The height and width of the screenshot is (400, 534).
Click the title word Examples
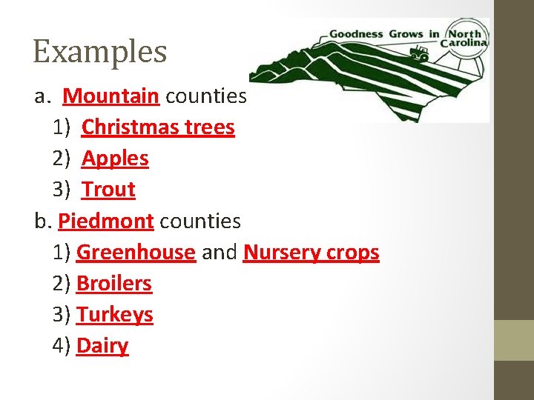point(100,52)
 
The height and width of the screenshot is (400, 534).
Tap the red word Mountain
point(111,96)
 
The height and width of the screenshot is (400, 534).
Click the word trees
point(210,127)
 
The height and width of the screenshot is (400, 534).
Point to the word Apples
point(115,159)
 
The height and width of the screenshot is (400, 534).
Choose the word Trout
point(108,190)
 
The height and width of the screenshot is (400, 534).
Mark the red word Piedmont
point(106,221)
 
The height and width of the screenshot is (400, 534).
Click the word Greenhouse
point(136,253)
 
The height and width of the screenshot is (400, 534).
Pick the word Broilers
point(114,284)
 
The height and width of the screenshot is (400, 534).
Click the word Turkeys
point(115,315)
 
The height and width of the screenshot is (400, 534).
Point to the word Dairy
point(102,346)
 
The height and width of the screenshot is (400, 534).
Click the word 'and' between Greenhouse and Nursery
point(220,253)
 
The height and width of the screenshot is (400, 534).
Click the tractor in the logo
point(421,54)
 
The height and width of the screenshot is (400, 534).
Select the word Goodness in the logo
point(355,34)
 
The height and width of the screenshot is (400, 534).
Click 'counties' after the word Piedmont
point(200,221)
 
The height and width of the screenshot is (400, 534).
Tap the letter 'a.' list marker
point(42,96)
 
